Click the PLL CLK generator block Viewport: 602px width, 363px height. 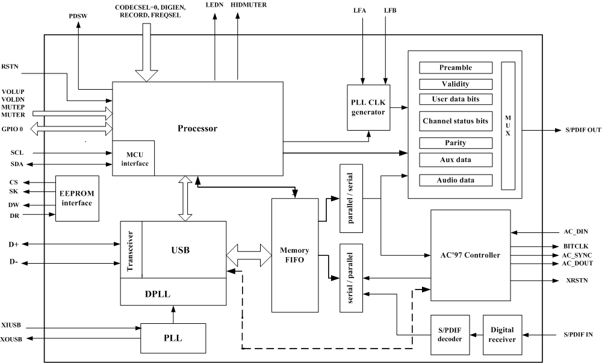369,107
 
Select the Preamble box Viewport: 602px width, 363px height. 456,68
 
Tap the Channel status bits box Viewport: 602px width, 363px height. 456,121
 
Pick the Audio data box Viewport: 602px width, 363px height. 456,180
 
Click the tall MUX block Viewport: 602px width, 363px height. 508,125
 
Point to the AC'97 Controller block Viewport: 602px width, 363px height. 470,255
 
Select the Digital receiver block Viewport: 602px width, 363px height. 502,334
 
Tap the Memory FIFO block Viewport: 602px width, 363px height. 295,255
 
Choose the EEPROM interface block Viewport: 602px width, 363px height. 76,199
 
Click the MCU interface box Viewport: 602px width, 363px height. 133,158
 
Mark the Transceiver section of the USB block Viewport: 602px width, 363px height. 131,250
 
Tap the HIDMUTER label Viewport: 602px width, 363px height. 249,5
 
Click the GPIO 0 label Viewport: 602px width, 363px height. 12,129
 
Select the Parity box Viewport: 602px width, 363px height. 456,143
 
